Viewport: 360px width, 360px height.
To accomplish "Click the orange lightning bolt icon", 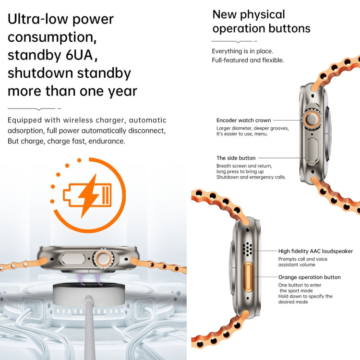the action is [x=89, y=196].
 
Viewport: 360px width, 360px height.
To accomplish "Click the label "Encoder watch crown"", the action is [x=243, y=120].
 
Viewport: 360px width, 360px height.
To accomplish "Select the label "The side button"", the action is [x=236, y=158].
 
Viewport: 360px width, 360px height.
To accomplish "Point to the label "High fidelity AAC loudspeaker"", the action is [x=315, y=251].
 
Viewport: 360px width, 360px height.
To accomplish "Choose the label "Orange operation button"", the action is [x=309, y=277].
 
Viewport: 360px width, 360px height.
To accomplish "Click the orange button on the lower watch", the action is [x=248, y=277].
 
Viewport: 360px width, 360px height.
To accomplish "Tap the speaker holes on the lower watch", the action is [x=248, y=249].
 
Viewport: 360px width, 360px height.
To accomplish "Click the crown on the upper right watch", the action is [x=311, y=119].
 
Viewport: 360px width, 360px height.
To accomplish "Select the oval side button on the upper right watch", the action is [x=312, y=150].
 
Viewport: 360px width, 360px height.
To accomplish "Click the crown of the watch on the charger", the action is [x=103, y=258].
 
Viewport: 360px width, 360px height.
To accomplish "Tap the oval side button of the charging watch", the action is [x=72, y=258].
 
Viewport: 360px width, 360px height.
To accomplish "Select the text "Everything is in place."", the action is [x=242, y=51].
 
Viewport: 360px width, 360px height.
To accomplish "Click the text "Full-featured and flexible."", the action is [x=248, y=60].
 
